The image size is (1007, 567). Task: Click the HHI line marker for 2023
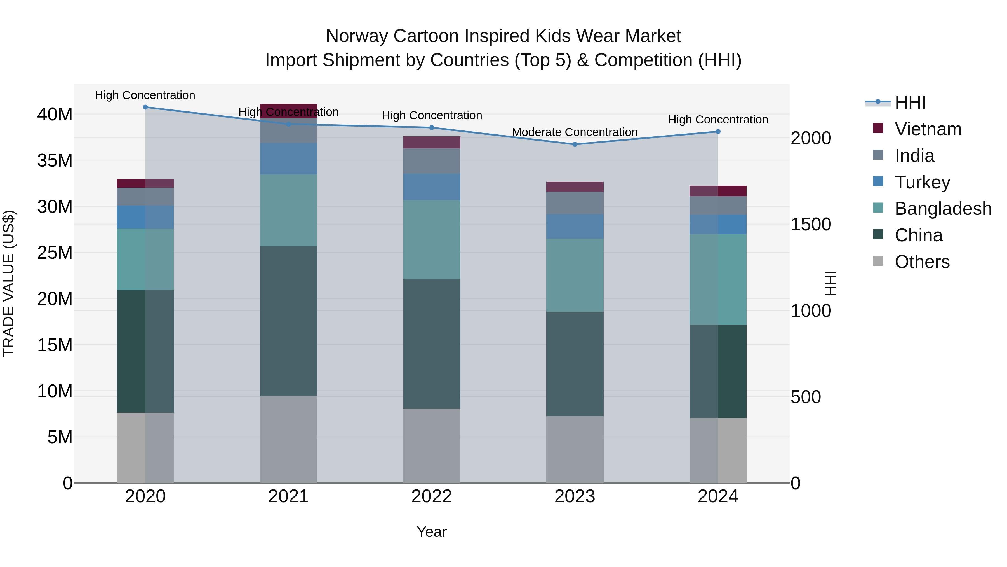coord(575,144)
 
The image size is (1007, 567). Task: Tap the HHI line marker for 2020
coord(145,107)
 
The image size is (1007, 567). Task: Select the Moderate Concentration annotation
coord(575,132)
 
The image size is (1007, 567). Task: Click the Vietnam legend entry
coord(928,129)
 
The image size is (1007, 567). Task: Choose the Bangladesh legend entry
coord(942,209)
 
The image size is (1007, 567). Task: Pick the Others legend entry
coord(922,262)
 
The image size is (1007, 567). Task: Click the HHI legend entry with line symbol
coord(909,102)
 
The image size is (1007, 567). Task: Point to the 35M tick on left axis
coord(55,160)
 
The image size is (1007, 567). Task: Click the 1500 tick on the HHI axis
coord(810,224)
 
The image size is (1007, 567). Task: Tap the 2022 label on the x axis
coord(432,496)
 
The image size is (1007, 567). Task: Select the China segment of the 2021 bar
coord(288,321)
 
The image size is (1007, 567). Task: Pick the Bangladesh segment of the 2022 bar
coord(432,239)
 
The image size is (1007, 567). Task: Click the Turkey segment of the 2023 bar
coord(575,226)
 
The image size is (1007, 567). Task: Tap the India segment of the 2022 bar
coord(432,161)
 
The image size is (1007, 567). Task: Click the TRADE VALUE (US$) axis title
coord(9,283)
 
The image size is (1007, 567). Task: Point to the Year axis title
coord(432,532)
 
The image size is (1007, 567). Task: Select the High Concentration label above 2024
coord(718,120)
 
